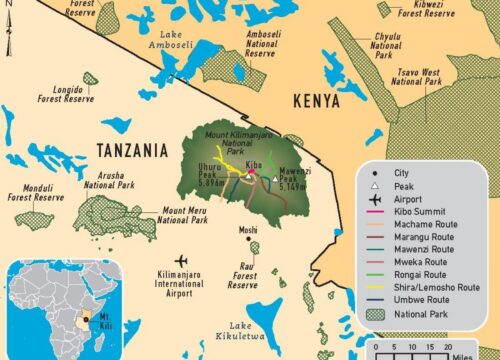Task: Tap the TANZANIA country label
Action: coord(132,150)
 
